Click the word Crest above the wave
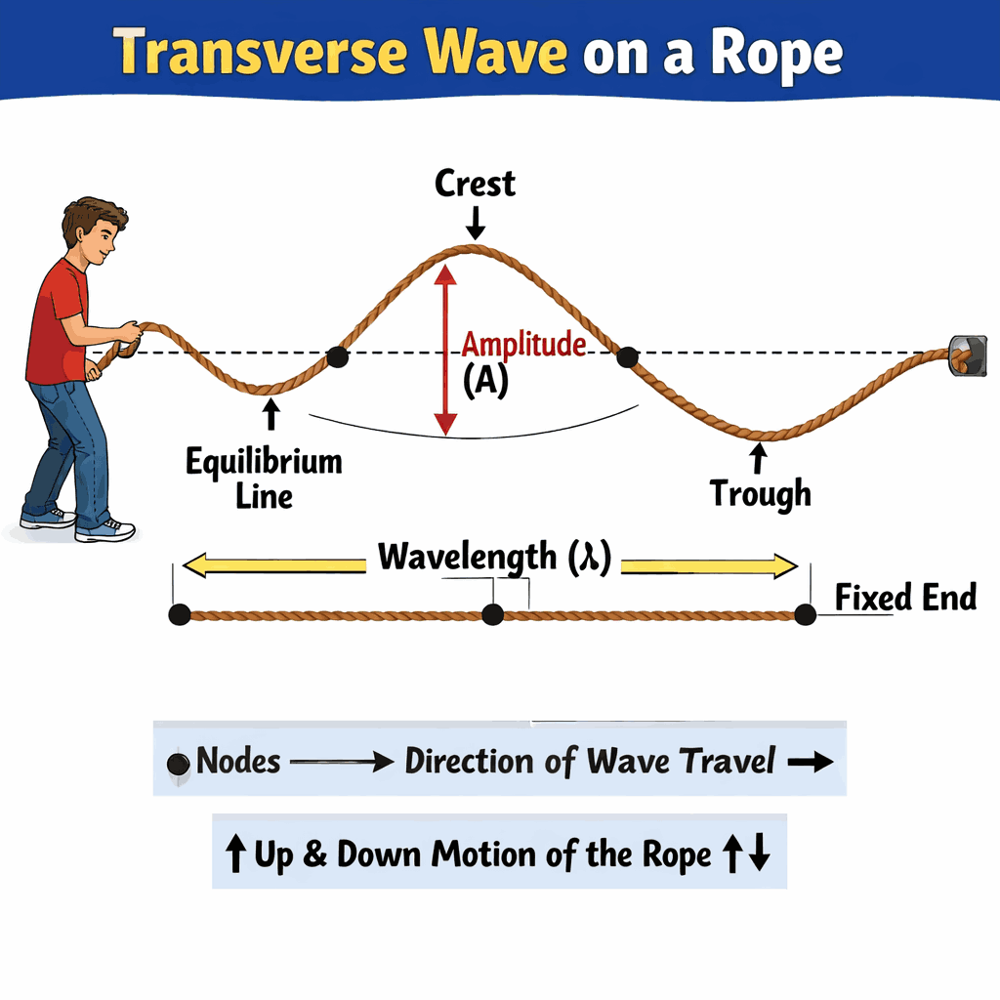[x=476, y=184]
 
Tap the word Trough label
[x=760, y=493]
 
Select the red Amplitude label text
[x=523, y=345]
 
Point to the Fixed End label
[x=905, y=597]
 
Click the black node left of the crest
[x=338, y=356]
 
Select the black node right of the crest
[x=627, y=357]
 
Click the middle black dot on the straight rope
[x=493, y=614]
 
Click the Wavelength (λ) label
[x=494, y=558]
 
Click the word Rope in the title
[x=780, y=55]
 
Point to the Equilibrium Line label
[x=264, y=478]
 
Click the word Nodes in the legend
[x=238, y=761]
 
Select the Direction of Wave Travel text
[x=590, y=761]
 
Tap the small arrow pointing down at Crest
[x=476, y=226]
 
